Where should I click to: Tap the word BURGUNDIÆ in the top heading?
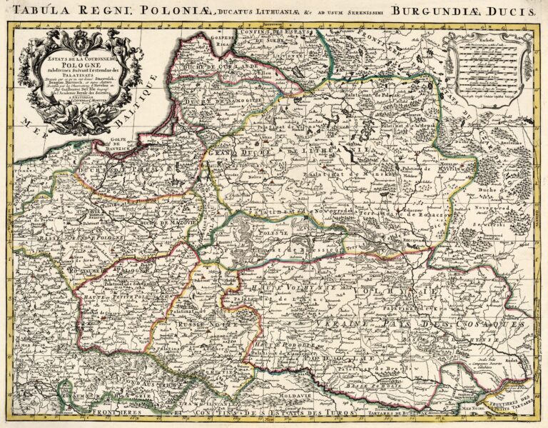pos(439,10)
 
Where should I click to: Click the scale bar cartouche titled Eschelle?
pos(488,71)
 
